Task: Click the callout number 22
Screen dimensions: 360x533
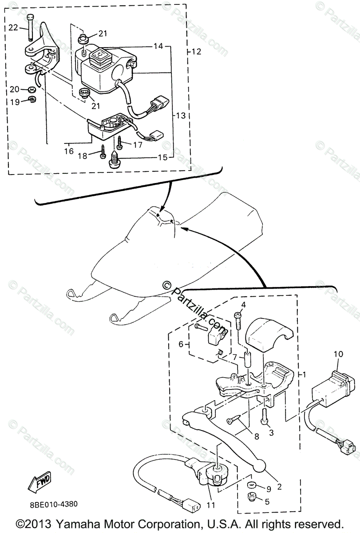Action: (x=13, y=28)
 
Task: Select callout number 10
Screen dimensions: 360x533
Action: (x=339, y=354)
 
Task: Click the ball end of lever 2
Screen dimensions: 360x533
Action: (x=260, y=466)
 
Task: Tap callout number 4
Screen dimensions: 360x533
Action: (x=243, y=305)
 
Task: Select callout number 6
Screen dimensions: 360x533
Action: (x=181, y=344)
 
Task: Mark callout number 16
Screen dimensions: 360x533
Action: (x=68, y=151)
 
